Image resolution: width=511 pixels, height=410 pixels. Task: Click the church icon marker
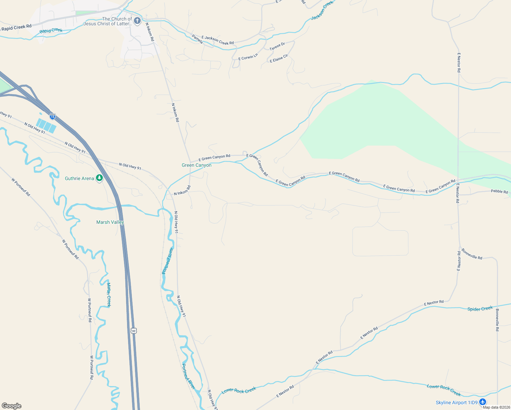pyautogui.click(x=137, y=21)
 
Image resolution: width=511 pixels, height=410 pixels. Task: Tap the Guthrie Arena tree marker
pyautogui.click(x=99, y=178)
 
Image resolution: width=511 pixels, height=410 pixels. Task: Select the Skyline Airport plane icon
pyautogui.click(x=482, y=402)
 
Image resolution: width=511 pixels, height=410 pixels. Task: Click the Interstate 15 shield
pyautogui.click(x=52, y=117)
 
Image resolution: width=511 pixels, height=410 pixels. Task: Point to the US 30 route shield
pyautogui.click(x=134, y=331)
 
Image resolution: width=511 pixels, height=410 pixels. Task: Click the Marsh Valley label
pyautogui.click(x=110, y=222)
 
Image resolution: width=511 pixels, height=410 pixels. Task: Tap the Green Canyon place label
pyautogui.click(x=196, y=165)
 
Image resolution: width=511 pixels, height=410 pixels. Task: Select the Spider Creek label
pyautogui.click(x=480, y=309)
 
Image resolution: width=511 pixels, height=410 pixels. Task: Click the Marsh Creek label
pyautogui.click(x=109, y=295)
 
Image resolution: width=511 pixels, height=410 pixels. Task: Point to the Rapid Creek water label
pyautogui.click(x=51, y=31)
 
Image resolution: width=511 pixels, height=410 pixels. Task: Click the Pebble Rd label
pyautogui.click(x=499, y=191)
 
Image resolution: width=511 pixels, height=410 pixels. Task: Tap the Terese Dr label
pyautogui.click(x=277, y=46)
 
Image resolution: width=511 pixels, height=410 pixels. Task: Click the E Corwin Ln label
pyautogui.click(x=248, y=57)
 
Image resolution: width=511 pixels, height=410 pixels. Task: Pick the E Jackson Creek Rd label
pyautogui.click(x=218, y=40)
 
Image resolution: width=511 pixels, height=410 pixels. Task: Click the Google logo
pyautogui.click(x=12, y=406)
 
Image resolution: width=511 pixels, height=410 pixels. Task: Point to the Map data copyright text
pyautogui.click(x=496, y=407)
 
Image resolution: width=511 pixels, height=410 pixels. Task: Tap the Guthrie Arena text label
pyautogui.click(x=79, y=178)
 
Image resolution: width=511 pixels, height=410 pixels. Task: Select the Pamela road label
pyautogui.click(x=197, y=39)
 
